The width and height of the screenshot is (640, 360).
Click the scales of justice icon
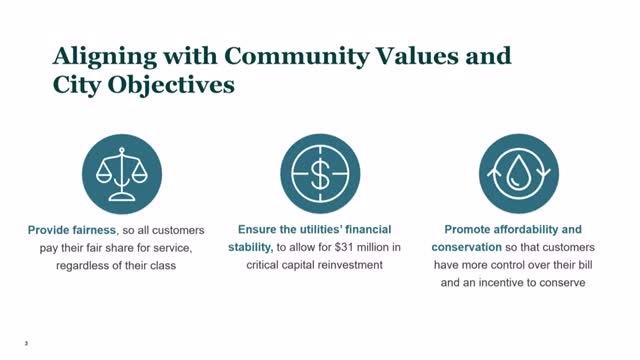point(122,174)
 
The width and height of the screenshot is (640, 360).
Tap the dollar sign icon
point(320,174)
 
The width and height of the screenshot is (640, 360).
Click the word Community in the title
point(297,56)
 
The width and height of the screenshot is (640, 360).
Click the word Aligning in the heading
point(105,57)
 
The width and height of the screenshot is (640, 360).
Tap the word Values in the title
point(417,56)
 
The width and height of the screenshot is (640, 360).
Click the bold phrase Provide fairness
point(71,230)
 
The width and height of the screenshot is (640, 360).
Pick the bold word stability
point(250,247)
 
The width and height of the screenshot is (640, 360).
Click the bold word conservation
point(467,247)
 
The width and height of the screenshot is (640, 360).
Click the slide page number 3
point(26,343)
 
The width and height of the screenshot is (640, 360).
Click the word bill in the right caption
point(585,265)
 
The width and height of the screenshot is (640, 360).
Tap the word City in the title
point(77,86)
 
